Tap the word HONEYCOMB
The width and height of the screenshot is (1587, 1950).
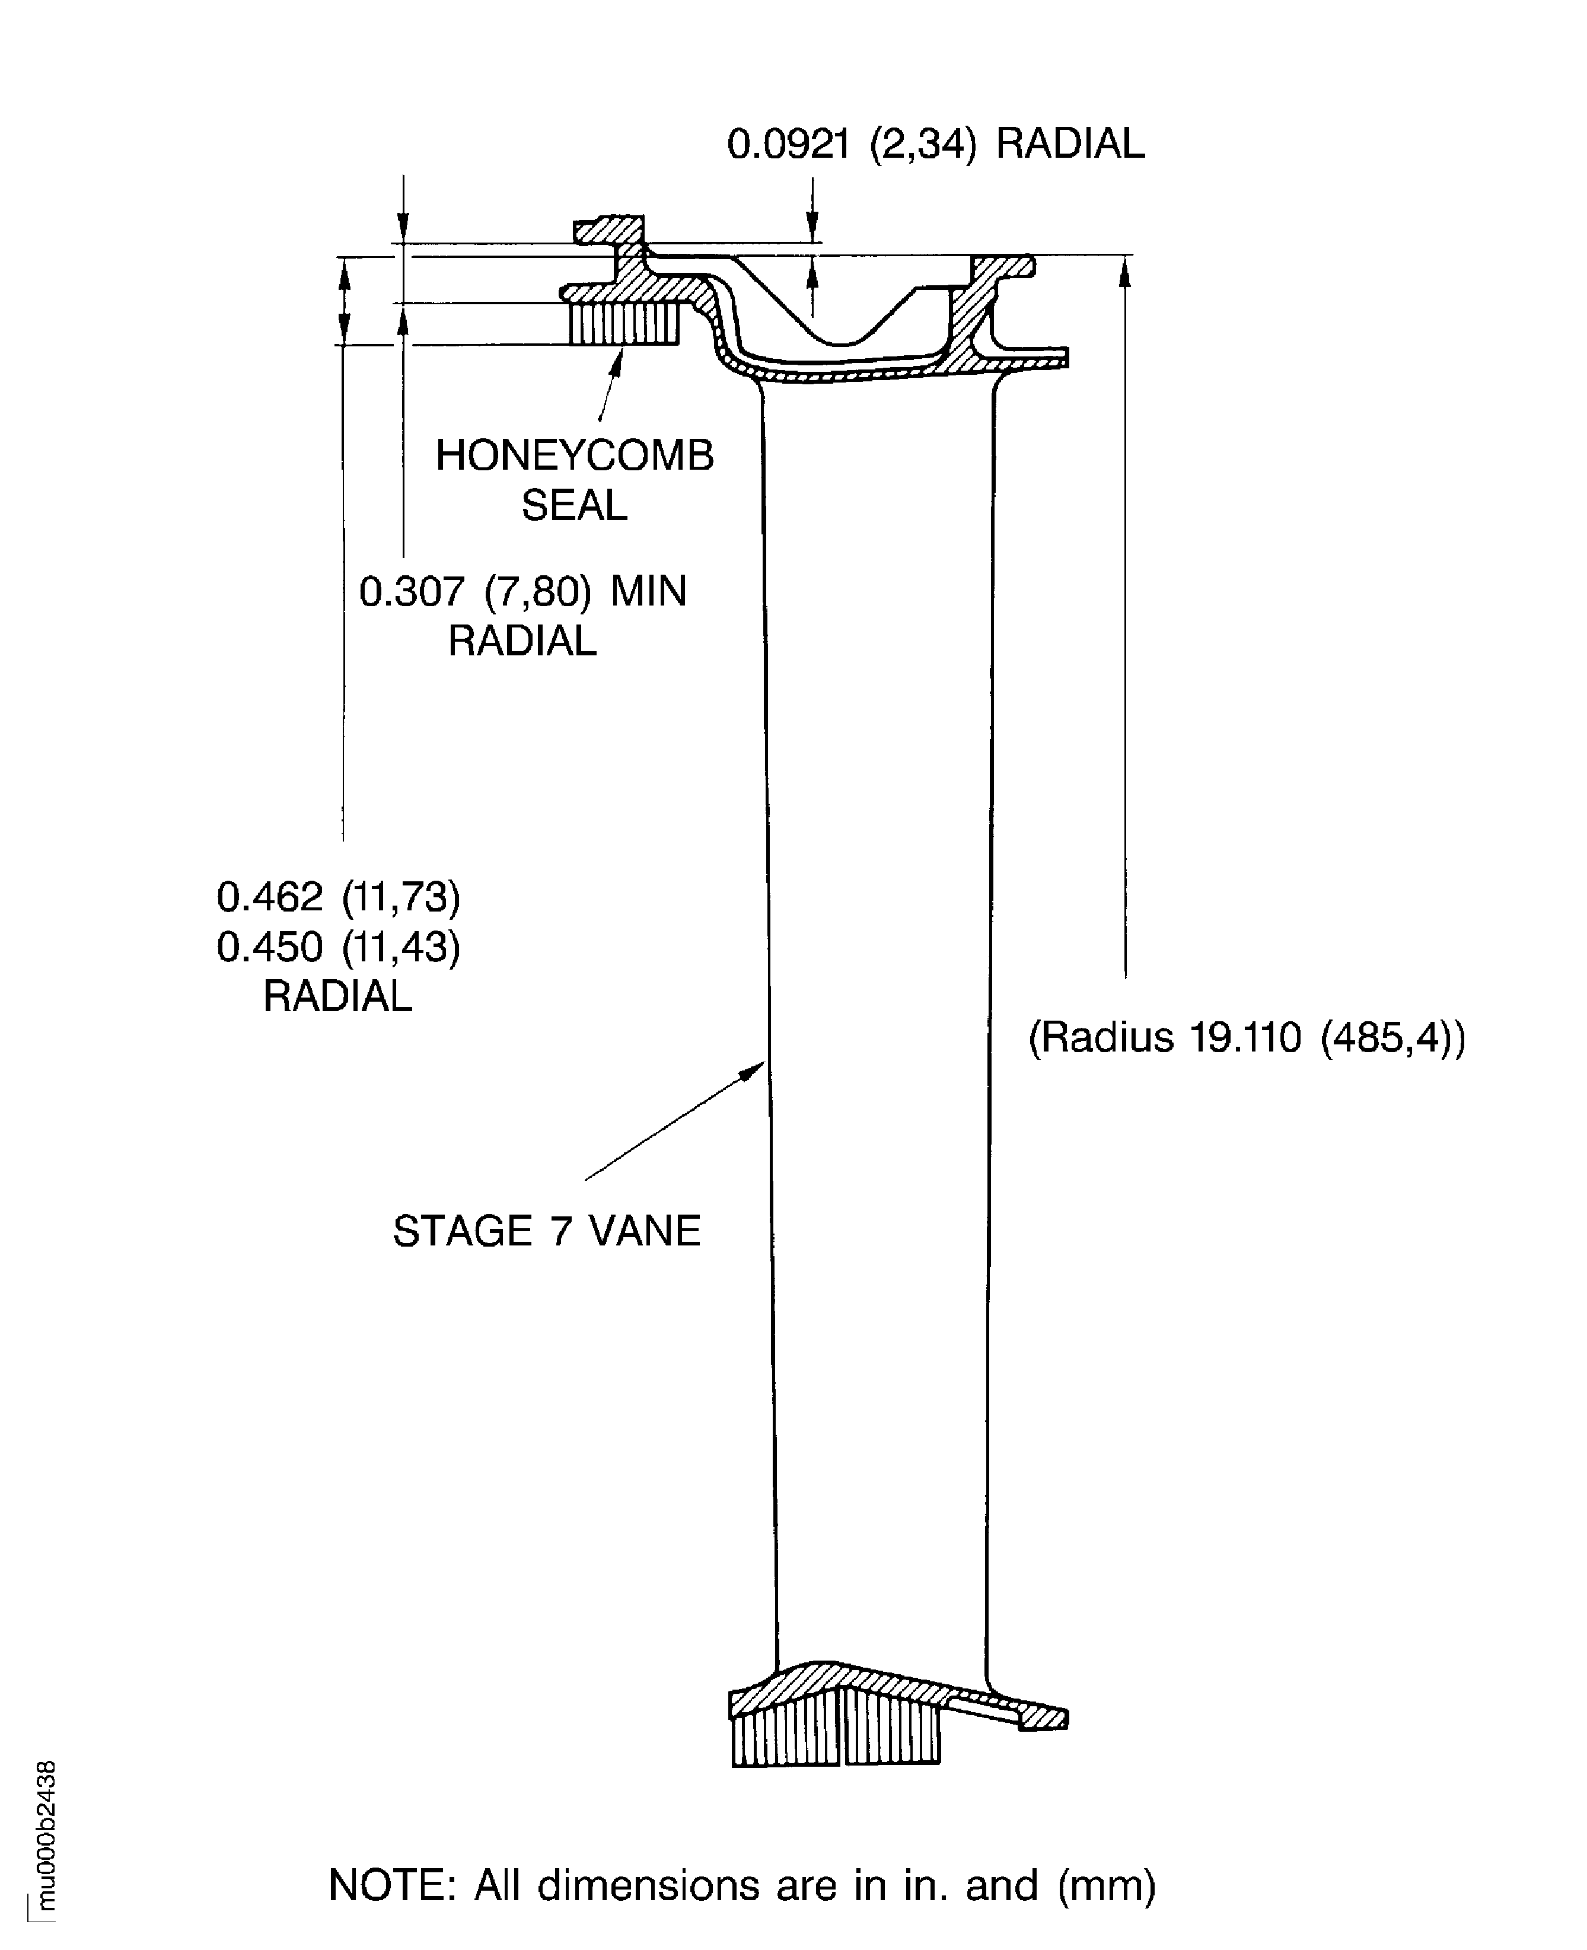click(x=574, y=455)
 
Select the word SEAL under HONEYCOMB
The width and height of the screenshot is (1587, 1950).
click(x=574, y=505)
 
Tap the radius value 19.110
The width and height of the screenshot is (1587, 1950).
click(x=1244, y=1038)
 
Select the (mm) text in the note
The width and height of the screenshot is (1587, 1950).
click(x=1106, y=1886)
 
